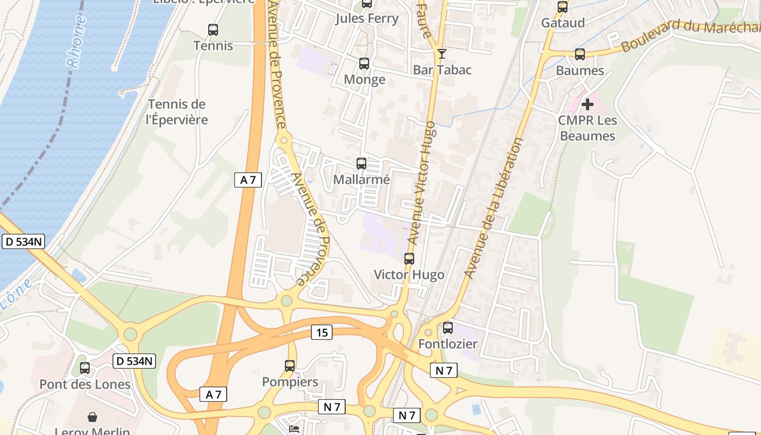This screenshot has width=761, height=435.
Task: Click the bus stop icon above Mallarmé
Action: (361, 163)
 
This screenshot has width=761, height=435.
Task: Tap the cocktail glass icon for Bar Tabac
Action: (441, 53)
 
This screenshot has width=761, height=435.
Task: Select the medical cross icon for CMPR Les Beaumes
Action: (587, 104)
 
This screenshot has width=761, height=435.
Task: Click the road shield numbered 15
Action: (322, 332)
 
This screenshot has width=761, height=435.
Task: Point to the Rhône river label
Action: (77, 41)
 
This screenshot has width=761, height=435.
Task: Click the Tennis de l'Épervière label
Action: (178, 112)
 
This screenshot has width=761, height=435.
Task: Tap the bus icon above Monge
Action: (364, 64)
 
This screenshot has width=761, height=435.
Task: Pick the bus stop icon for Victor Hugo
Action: (409, 259)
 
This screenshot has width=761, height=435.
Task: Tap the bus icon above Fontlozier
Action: (448, 328)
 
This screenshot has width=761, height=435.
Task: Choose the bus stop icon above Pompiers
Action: (290, 366)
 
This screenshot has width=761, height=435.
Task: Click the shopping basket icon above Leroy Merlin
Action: (92, 417)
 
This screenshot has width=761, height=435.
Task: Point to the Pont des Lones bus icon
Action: (85, 368)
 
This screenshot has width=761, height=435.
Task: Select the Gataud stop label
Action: (563, 23)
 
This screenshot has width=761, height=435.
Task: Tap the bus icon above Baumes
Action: (580, 54)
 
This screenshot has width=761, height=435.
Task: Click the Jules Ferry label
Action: (367, 18)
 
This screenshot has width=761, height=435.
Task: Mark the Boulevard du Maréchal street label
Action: (690, 33)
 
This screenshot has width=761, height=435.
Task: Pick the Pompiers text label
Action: (290, 382)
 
